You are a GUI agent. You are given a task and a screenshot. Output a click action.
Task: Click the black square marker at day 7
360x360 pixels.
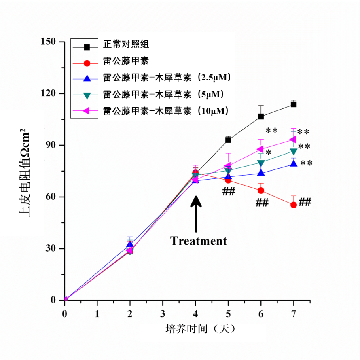[x=294, y=104]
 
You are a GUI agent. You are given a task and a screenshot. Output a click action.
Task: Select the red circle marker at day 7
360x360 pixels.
[x=294, y=205]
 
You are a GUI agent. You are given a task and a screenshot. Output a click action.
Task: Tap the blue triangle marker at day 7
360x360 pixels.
[x=294, y=163]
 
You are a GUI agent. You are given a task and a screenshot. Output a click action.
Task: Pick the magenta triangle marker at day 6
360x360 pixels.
[x=260, y=149]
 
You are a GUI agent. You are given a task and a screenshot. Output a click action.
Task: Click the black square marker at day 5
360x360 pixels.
[x=229, y=140]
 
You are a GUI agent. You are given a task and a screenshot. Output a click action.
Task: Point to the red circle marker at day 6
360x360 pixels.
[x=261, y=191]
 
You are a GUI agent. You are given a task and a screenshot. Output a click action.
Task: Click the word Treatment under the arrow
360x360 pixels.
[x=199, y=241]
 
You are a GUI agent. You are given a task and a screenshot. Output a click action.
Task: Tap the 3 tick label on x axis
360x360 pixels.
[x=163, y=313]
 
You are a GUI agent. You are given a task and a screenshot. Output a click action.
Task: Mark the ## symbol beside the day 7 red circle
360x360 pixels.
[x=305, y=202]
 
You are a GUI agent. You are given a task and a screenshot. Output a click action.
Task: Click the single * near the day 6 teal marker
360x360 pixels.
[x=269, y=152]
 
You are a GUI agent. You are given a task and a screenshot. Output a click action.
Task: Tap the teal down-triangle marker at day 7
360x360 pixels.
[x=294, y=152]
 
